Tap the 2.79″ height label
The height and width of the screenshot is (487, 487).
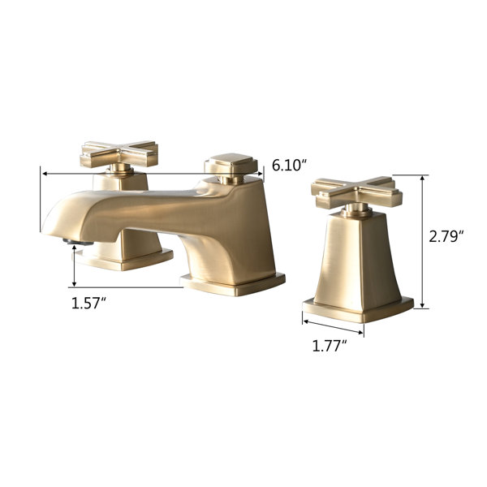(x=446, y=237)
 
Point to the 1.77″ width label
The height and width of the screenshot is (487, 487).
(x=330, y=346)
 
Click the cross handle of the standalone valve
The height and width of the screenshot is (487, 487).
(x=357, y=192)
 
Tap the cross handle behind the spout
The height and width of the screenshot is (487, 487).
(x=119, y=153)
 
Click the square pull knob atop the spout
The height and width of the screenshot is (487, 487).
(x=231, y=164)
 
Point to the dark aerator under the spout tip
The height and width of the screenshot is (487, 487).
(x=78, y=242)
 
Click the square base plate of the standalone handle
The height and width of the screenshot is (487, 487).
(x=358, y=309)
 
